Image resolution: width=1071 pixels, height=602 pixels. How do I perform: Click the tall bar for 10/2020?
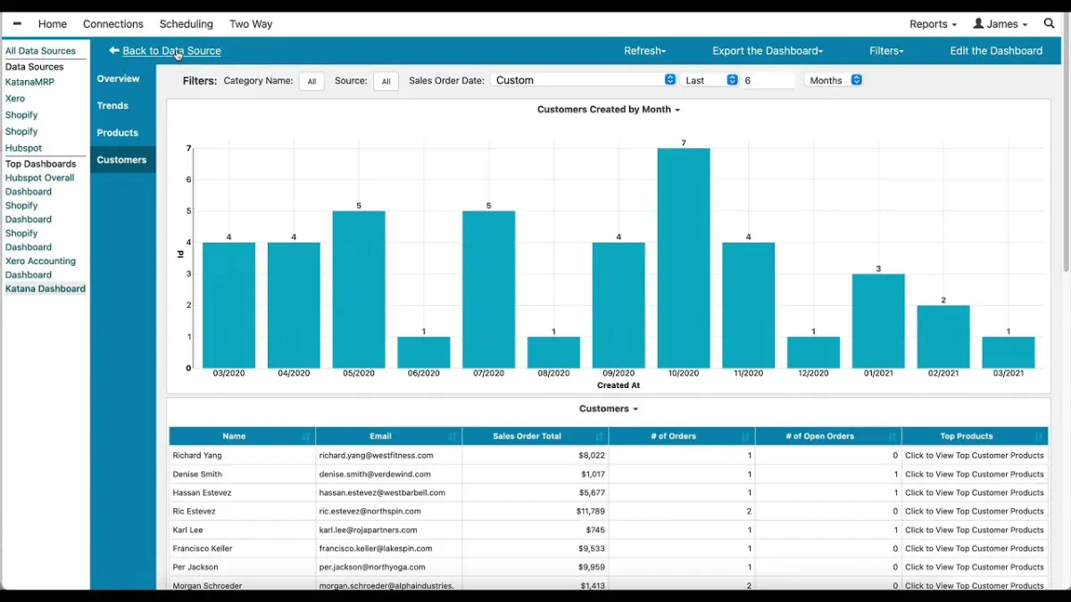click(x=684, y=259)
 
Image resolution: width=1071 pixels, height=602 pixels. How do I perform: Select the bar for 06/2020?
click(x=424, y=352)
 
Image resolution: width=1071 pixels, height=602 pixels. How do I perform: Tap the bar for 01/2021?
click(x=878, y=321)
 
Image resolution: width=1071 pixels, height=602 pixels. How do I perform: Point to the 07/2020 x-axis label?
click(x=488, y=373)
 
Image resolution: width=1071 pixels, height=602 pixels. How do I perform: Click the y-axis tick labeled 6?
click(x=188, y=179)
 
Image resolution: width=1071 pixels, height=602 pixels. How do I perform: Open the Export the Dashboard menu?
click(x=767, y=51)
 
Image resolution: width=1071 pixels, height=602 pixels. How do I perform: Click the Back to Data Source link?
click(x=171, y=51)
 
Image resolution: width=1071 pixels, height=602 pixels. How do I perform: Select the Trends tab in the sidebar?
click(x=113, y=105)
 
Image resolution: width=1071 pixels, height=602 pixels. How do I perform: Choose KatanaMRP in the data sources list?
click(x=29, y=82)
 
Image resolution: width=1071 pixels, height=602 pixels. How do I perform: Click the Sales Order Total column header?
click(x=527, y=436)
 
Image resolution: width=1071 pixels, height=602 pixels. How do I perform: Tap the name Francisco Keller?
click(x=203, y=548)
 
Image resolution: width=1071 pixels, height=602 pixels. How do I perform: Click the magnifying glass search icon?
click(x=1050, y=24)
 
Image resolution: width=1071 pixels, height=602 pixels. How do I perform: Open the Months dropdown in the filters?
click(x=834, y=80)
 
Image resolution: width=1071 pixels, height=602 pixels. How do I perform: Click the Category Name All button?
click(x=311, y=81)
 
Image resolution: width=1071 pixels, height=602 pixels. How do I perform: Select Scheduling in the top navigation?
click(x=186, y=24)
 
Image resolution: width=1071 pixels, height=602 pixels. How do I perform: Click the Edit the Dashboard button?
click(x=996, y=51)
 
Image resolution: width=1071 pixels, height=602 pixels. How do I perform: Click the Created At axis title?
click(x=619, y=385)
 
